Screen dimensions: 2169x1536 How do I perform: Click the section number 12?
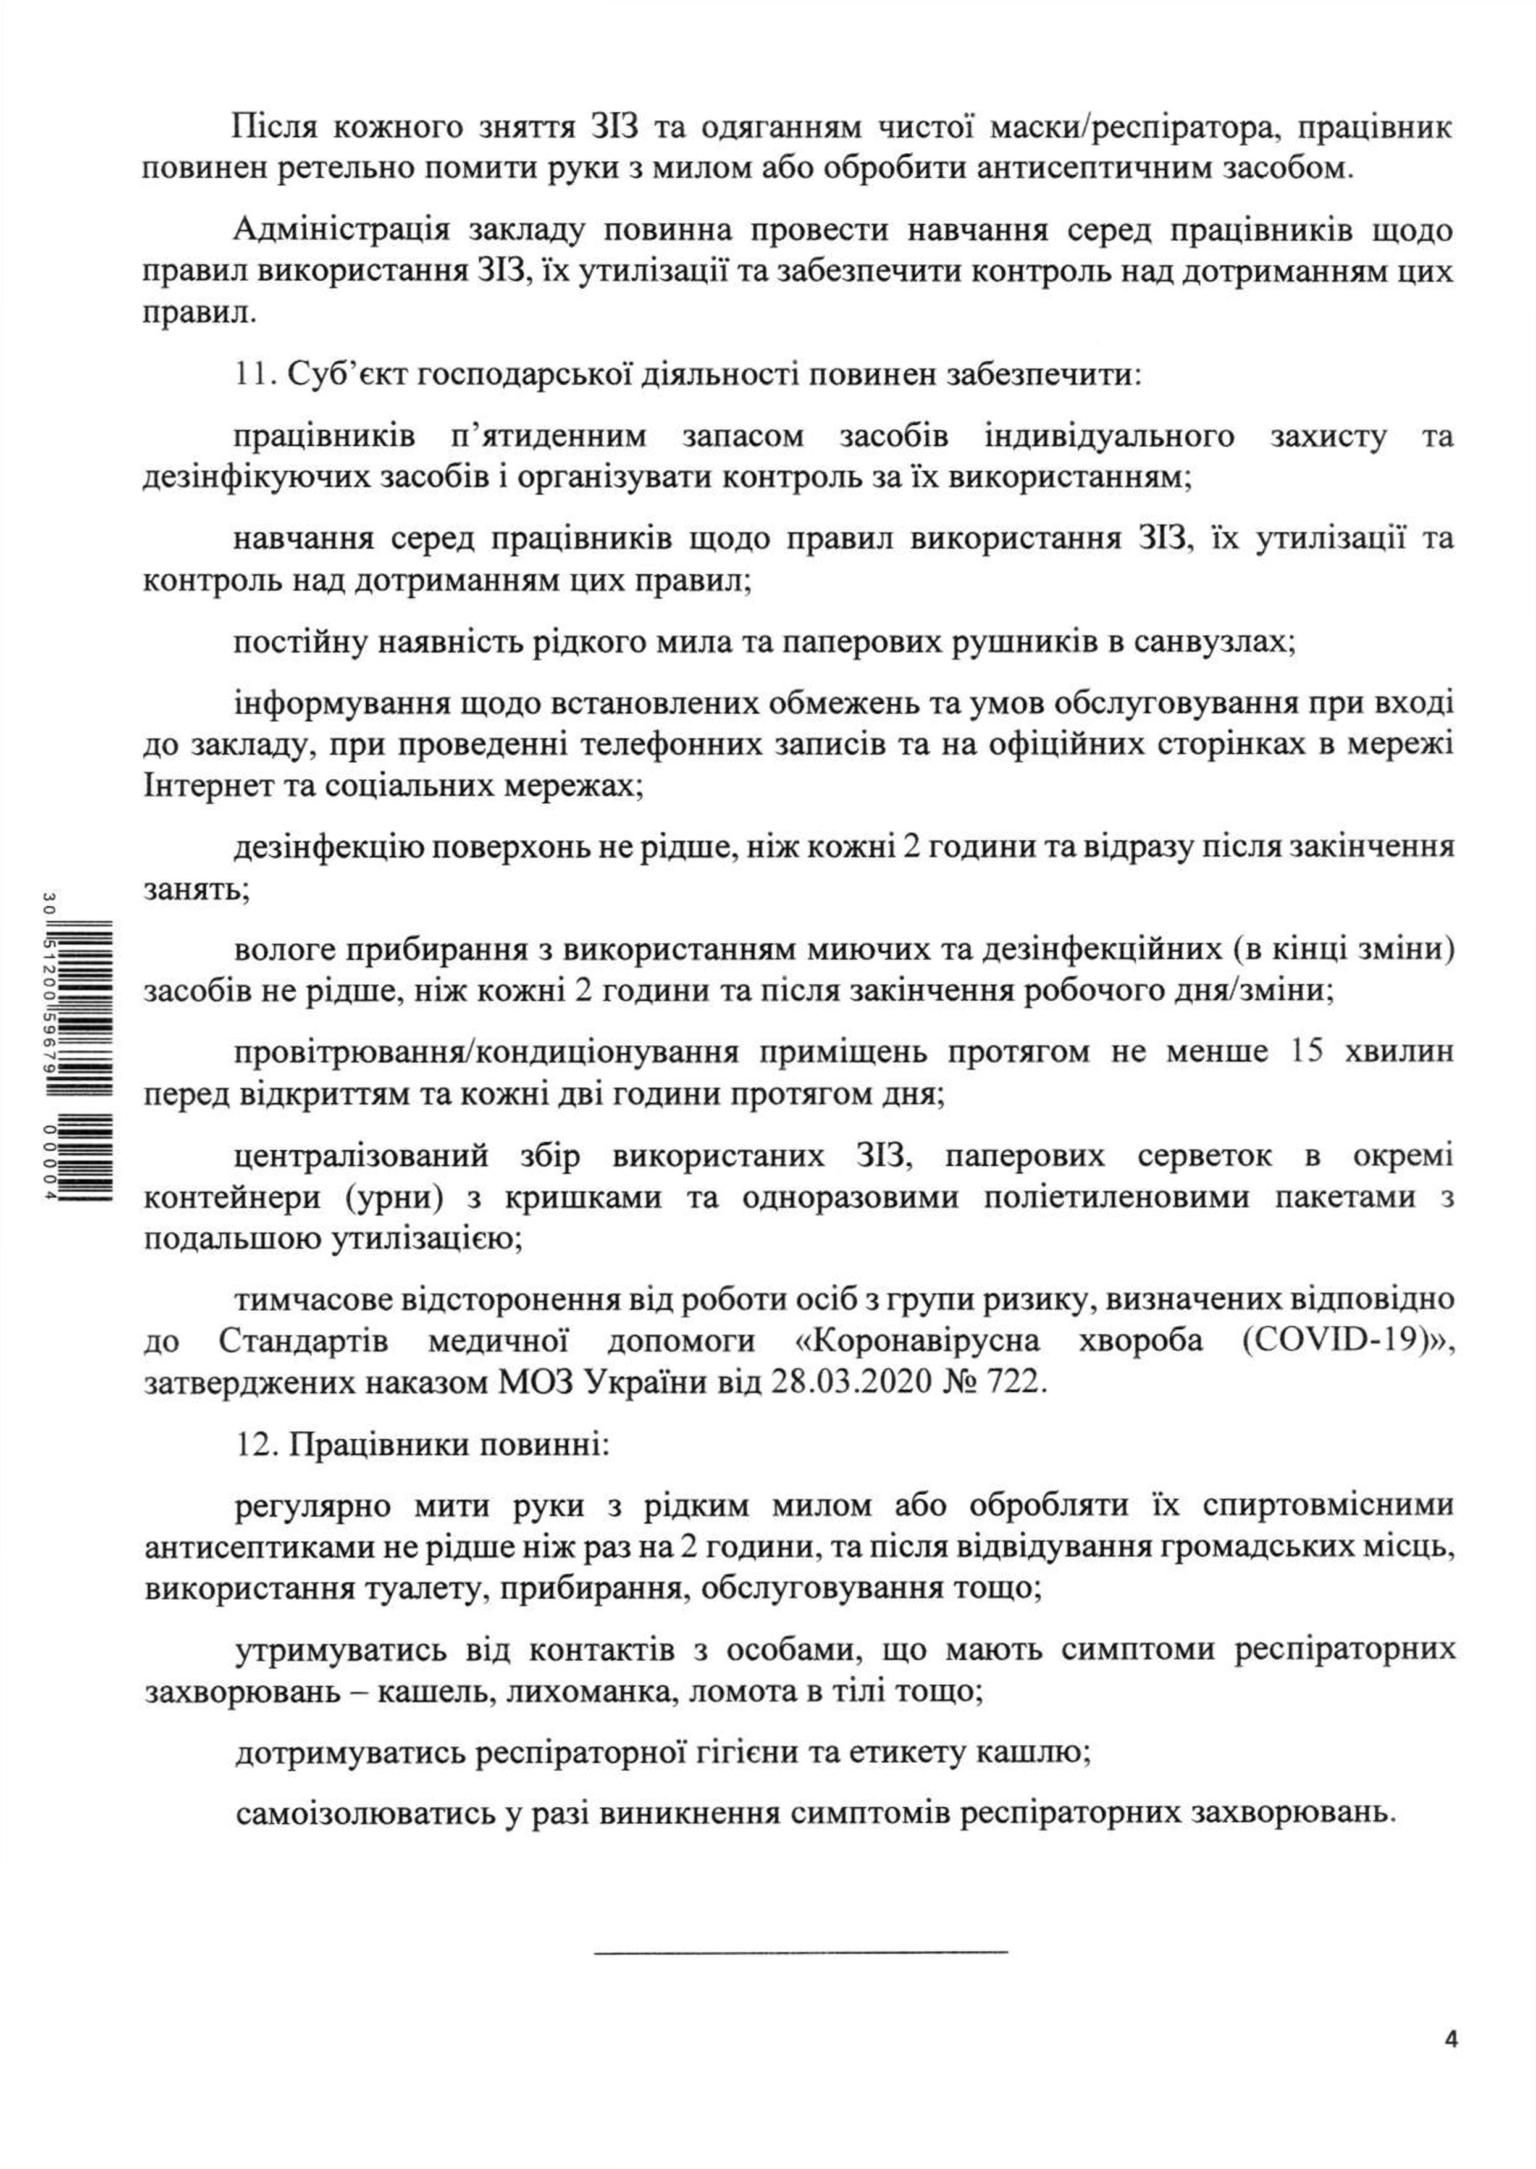tap(253, 1445)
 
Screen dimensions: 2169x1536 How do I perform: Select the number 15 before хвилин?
tap(1306, 1051)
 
